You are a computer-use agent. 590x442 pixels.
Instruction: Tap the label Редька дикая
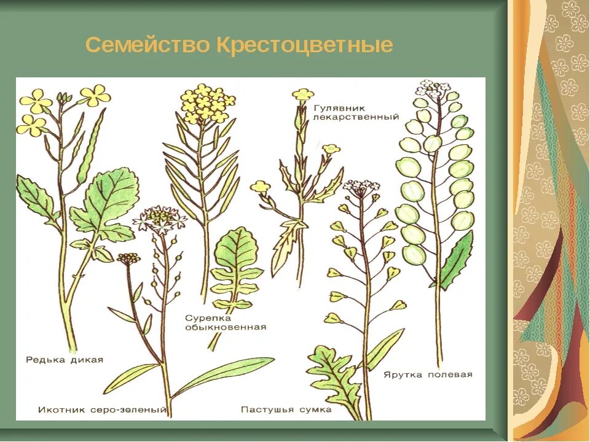pyautogui.click(x=65, y=360)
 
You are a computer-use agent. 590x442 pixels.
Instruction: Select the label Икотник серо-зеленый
pyautogui.click(x=102, y=409)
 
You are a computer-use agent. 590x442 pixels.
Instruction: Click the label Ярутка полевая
pyautogui.click(x=428, y=374)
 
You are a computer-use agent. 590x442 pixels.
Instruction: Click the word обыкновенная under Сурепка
pyautogui.click(x=226, y=327)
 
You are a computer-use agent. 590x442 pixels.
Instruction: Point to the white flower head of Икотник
pyautogui.click(x=159, y=217)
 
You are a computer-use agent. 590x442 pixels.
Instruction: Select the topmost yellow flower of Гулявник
pyautogui.click(x=302, y=95)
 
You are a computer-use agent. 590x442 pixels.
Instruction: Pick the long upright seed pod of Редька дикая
pyautogui.click(x=92, y=147)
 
